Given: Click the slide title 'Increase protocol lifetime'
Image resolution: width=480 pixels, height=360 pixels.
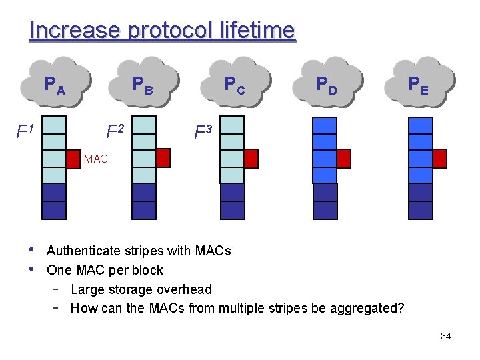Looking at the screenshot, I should (162, 30).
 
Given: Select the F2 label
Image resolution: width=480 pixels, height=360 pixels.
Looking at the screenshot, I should (115, 130).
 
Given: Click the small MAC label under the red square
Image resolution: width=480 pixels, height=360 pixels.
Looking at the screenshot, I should (95, 159).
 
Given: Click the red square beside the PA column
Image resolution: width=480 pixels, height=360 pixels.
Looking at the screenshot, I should (73, 158).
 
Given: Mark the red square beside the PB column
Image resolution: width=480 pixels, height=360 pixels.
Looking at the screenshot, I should (163, 157).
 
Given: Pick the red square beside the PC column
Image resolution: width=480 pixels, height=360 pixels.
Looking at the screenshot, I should (251, 158).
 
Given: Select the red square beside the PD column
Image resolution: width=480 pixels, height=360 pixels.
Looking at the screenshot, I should (343, 158).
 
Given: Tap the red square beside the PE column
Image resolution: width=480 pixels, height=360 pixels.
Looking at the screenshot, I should (439, 158).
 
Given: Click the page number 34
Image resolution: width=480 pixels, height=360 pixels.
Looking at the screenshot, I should (445, 336).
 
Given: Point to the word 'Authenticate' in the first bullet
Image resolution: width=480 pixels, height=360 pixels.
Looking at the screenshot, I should (83, 251).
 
